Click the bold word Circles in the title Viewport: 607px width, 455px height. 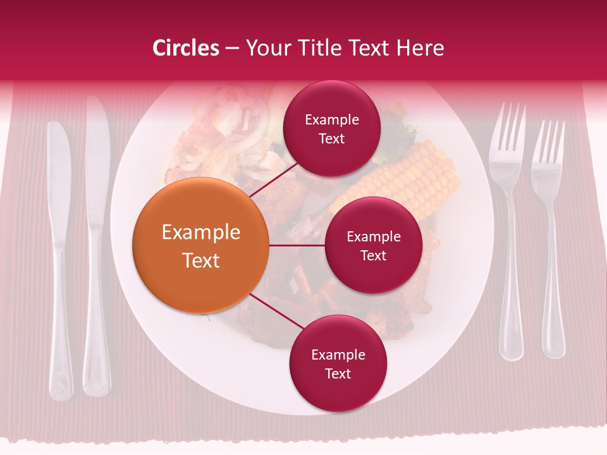185,48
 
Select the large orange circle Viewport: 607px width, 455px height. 200,245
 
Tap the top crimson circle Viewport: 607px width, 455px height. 331,129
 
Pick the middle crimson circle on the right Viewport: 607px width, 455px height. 373,245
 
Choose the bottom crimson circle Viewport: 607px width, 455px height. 338,364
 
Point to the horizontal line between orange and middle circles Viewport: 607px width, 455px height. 297,245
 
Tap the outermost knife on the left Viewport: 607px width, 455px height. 59,253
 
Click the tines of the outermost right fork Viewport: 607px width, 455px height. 548,142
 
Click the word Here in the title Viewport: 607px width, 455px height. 422,48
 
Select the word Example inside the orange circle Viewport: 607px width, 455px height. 200,233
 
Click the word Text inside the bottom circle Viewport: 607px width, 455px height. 338,373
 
